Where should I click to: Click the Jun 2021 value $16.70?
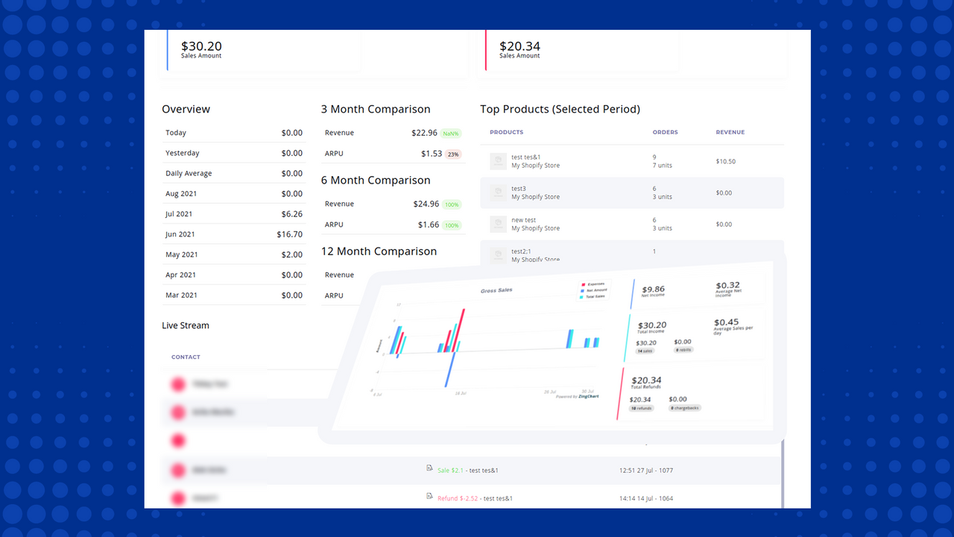click(x=289, y=234)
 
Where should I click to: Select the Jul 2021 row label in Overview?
click(x=179, y=214)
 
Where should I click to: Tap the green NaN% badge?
click(x=450, y=134)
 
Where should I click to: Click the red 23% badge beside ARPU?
click(x=452, y=154)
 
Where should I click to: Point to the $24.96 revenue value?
click(x=425, y=204)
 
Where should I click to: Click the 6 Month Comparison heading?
click(x=376, y=180)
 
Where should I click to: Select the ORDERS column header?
click(x=665, y=132)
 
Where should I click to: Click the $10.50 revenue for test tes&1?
click(x=725, y=161)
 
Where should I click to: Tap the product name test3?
click(x=519, y=189)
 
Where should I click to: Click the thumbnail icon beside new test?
click(x=498, y=224)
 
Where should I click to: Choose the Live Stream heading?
click(x=186, y=325)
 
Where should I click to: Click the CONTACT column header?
click(x=186, y=357)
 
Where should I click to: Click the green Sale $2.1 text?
click(x=450, y=471)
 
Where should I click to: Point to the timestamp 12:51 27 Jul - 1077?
click(x=646, y=471)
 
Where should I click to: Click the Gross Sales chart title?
click(x=496, y=289)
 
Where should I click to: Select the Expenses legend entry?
click(x=596, y=285)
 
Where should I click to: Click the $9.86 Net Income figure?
click(x=653, y=289)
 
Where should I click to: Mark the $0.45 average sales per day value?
click(x=727, y=322)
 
